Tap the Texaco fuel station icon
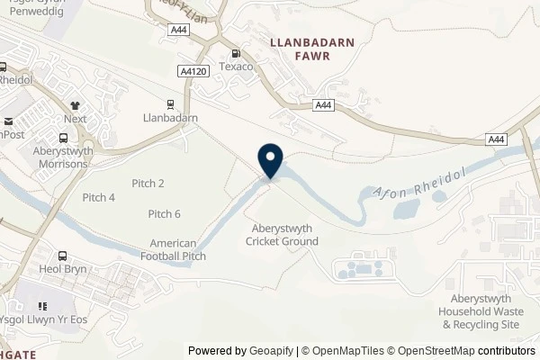(x=236, y=54)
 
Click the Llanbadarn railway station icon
(x=170, y=103)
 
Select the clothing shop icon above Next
(x=75, y=105)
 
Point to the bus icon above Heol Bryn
(x=62, y=256)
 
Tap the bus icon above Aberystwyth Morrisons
(x=63, y=139)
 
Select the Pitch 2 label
(x=148, y=184)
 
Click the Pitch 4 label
(x=99, y=198)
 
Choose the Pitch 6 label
(x=165, y=213)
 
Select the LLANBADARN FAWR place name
(x=296, y=49)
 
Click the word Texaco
(x=236, y=67)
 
